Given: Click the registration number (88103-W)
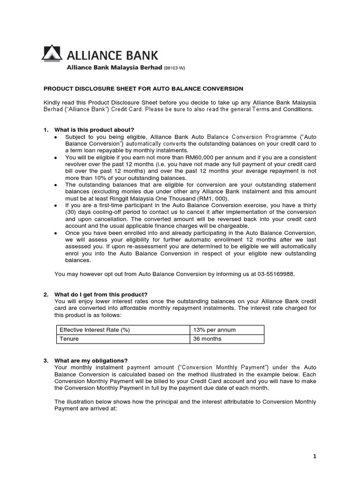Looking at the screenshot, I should coord(174,68).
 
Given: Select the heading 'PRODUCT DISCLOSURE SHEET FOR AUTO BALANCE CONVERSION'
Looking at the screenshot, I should coord(143,88).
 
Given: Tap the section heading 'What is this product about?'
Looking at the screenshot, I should coord(94,129).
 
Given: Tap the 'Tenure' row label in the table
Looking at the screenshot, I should coord(68,338).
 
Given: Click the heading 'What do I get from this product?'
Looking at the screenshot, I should coord(101,294).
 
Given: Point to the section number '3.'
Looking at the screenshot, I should coord(46,360).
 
